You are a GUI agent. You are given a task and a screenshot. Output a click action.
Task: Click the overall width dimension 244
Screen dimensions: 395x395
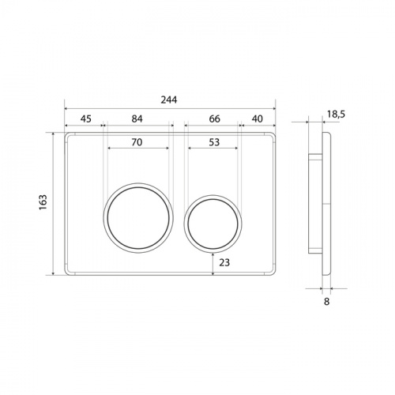coord(169,100)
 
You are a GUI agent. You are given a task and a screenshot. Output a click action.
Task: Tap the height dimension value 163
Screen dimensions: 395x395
coord(43,202)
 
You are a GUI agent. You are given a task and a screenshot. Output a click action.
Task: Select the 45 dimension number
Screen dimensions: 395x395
coord(86,119)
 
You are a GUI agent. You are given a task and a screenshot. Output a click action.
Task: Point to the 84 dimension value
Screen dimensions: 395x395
coord(137,118)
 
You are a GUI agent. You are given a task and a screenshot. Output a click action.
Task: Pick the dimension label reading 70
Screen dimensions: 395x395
coord(137,142)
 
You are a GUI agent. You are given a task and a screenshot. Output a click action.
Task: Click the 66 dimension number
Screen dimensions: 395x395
coord(215,119)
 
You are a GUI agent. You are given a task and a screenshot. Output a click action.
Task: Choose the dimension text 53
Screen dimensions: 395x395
coord(214,142)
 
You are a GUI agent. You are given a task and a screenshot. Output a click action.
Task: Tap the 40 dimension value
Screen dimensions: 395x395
coord(258,119)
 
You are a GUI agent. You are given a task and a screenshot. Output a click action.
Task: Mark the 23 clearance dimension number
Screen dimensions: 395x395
coord(224,262)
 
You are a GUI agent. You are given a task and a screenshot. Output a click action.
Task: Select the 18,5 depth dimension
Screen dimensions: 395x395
coord(336,115)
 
